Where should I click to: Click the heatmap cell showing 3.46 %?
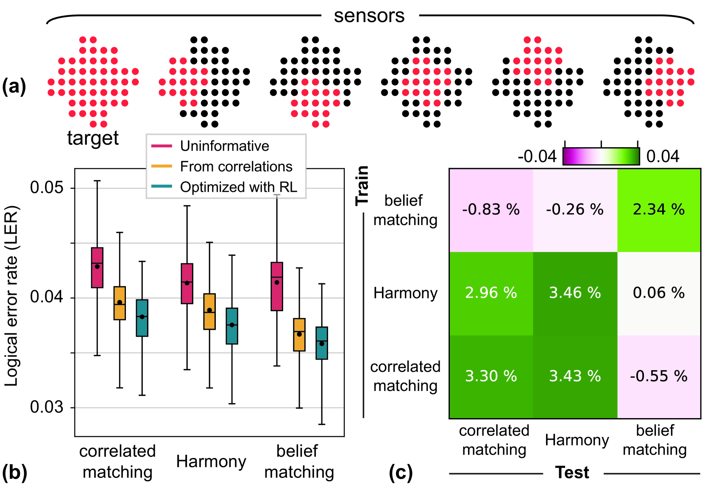click(x=575, y=293)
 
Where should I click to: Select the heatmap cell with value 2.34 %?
click(x=659, y=210)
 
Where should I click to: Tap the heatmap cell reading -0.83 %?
click(x=491, y=210)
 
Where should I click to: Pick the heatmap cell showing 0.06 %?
click(x=659, y=293)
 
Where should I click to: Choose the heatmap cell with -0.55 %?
click(x=659, y=376)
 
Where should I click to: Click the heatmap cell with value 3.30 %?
click(x=491, y=376)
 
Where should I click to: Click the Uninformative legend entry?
click(x=224, y=146)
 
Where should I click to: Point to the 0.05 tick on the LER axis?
click(x=46, y=187)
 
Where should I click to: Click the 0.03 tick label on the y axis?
click(x=46, y=407)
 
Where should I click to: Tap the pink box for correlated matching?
click(x=98, y=268)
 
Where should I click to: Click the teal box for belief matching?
click(x=322, y=343)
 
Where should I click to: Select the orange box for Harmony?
click(x=209, y=311)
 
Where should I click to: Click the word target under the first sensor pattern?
click(x=93, y=138)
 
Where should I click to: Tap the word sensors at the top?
click(x=369, y=16)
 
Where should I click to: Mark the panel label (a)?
click(x=14, y=87)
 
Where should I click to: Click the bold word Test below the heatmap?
click(x=572, y=472)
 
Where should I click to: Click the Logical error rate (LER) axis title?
click(x=11, y=296)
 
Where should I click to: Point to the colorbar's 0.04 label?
click(x=663, y=156)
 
